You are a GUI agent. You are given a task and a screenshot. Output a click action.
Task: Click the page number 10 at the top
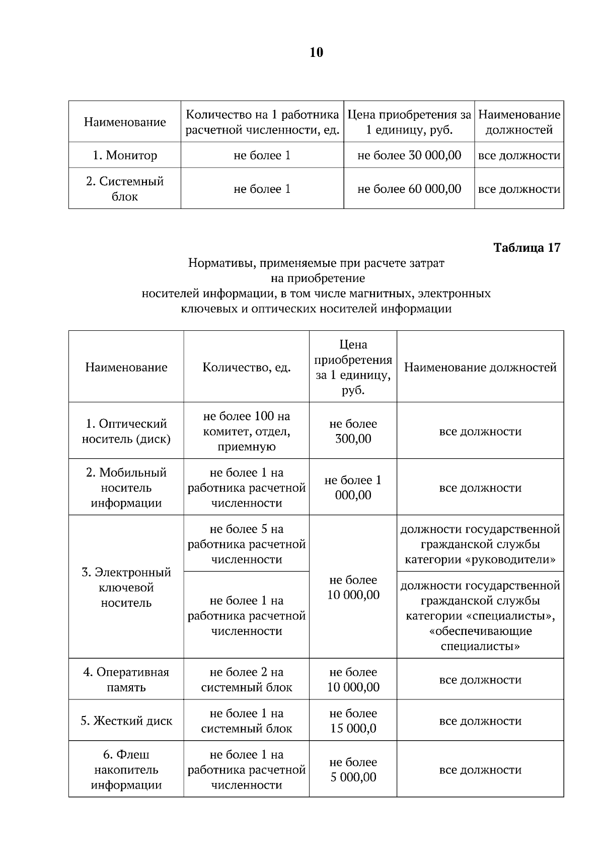coord(316,52)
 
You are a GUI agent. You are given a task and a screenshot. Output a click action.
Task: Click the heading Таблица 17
coord(526,248)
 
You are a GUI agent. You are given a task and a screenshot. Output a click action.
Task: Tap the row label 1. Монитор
coord(125,155)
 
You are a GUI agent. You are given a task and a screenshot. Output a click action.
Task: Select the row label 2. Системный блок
coord(125,189)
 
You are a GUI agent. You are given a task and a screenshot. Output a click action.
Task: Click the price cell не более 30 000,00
coord(409,155)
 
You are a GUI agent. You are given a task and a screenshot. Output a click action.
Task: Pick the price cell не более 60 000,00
coord(409,189)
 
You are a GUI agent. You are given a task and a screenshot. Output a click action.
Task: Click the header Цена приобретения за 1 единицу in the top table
coord(409,122)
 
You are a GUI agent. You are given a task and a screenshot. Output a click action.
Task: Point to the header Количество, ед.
coord(247,367)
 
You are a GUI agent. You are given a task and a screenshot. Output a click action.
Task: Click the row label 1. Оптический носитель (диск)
coord(126,431)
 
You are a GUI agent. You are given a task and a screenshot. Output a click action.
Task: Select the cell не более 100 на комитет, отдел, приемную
coord(247,431)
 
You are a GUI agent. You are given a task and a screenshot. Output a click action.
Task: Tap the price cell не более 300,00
coord(353,431)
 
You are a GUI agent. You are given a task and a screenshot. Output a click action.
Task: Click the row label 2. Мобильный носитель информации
coord(126,487)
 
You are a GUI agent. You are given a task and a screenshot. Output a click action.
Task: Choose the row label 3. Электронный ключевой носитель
coord(126,587)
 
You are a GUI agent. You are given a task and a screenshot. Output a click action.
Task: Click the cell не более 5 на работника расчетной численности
coord(247,544)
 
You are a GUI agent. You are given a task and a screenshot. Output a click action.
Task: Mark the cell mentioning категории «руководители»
coord(480,544)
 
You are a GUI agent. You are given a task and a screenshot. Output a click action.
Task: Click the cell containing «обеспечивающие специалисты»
coord(480,615)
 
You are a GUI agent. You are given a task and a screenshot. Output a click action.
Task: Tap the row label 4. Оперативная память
coord(126,679)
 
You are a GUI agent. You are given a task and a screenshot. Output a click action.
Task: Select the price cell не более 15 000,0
coord(353,721)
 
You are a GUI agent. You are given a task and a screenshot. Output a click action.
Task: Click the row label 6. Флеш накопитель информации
coord(126,769)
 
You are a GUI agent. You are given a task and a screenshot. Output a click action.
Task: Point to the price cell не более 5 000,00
coord(353,769)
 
